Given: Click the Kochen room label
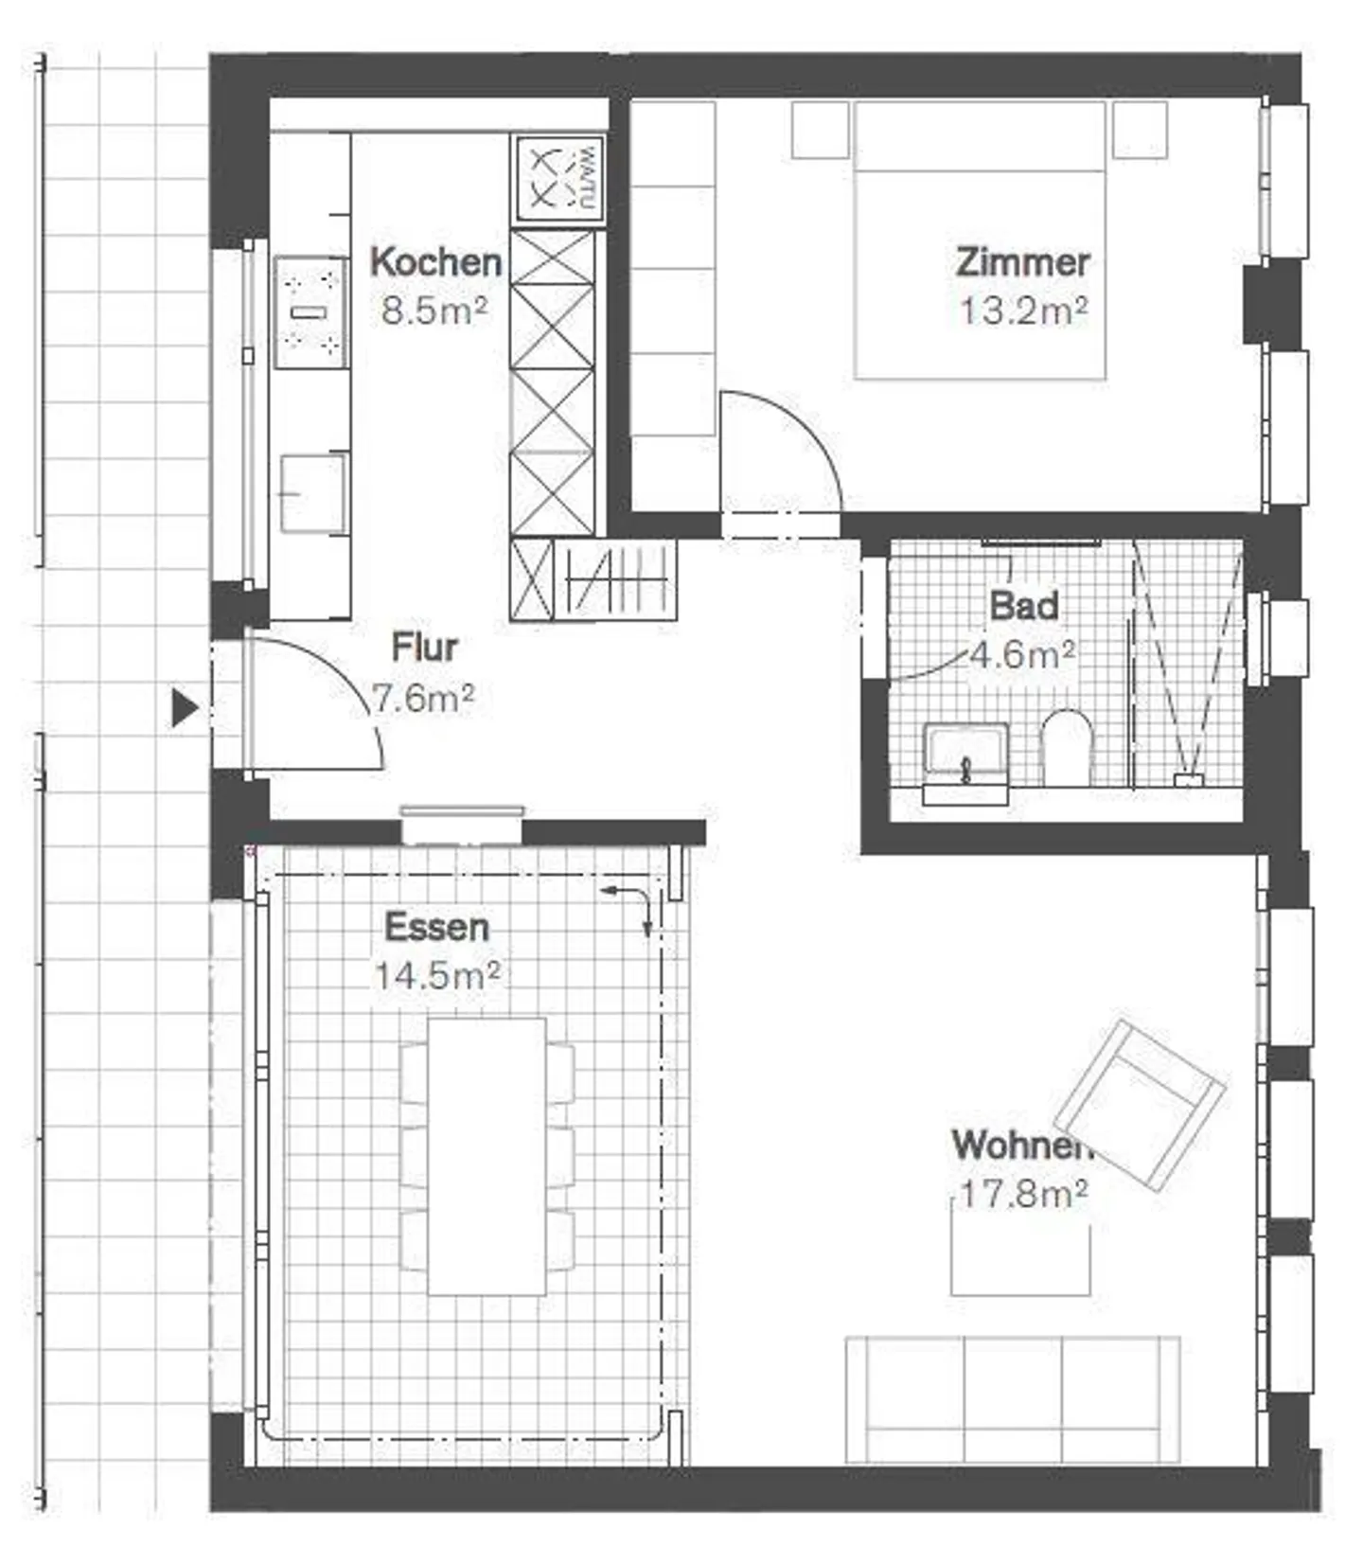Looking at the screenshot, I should tap(435, 262).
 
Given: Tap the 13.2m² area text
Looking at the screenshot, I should tap(1023, 311).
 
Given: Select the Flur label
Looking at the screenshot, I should tap(424, 648).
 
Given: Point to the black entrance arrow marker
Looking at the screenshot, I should tap(184, 707).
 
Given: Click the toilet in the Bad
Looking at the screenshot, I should tap(1067, 749).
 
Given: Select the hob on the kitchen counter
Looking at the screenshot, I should tap(311, 312).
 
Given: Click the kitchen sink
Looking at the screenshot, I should tap(312, 493).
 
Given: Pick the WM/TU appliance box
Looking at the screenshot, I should tap(558, 179).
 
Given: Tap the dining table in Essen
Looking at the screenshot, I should tap(487, 1156).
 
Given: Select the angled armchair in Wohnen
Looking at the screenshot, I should tap(1140, 1104).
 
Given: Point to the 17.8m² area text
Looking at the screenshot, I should tap(1023, 1194).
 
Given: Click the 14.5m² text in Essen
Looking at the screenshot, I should tap(437, 975).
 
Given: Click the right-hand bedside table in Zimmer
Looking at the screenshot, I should tap(1139, 130).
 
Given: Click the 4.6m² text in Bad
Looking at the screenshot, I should tap(1023, 654).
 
